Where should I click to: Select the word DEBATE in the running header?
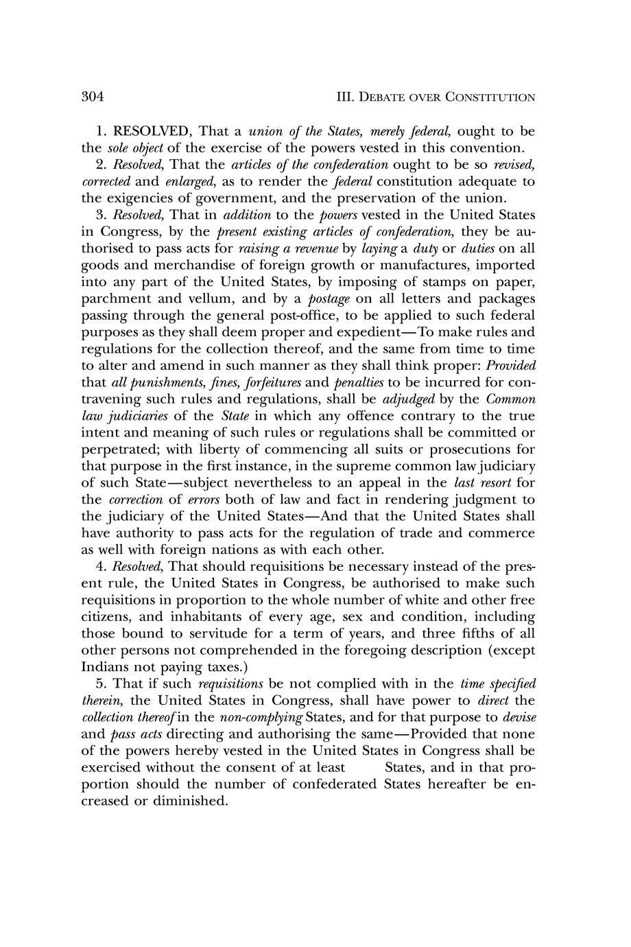(385, 97)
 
